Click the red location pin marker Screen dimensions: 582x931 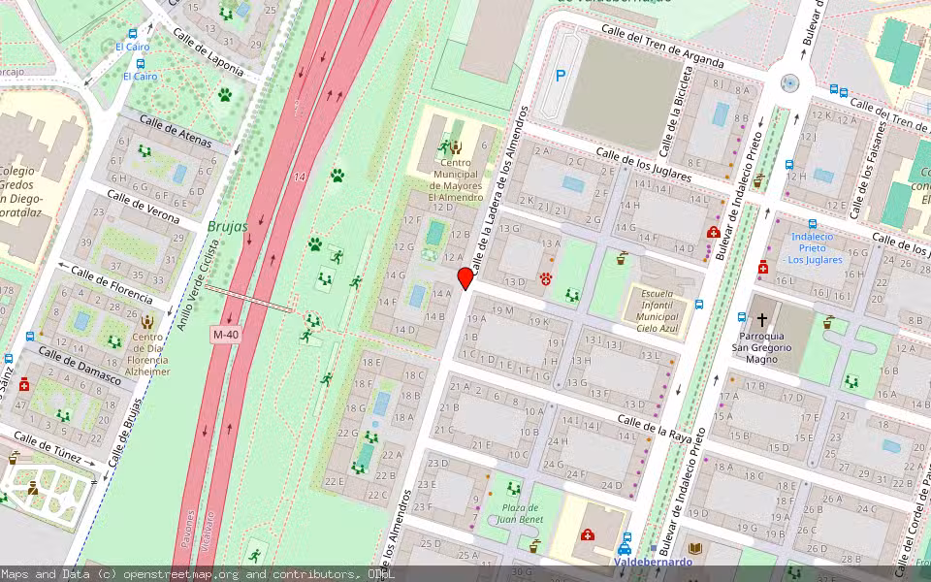click(x=465, y=279)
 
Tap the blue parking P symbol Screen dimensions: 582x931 click(x=561, y=75)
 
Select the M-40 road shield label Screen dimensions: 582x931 click(x=225, y=335)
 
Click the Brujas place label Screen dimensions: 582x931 click(x=227, y=226)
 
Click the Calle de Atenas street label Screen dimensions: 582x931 click(x=176, y=131)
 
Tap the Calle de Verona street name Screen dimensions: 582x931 click(x=143, y=207)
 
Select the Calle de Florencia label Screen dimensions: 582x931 click(x=112, y=283)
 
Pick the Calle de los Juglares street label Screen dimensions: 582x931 click(x=643, y=165)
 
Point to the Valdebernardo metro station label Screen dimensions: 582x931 click(x=654, y=562)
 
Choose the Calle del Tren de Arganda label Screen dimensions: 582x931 click(x=661, y=46)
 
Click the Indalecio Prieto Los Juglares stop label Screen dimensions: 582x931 click(x=813, y=248)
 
